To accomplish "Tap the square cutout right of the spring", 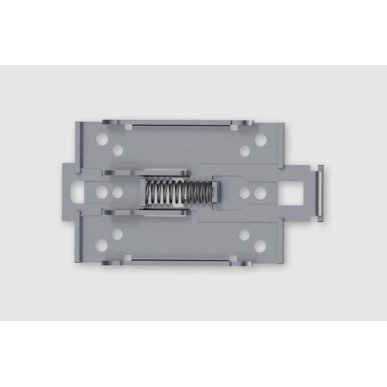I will (x=294, y=193).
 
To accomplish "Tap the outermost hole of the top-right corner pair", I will (x=259, y=137).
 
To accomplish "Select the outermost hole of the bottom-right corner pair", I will (x=259, y=248).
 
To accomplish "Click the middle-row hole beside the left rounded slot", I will (x=101, y=193).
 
